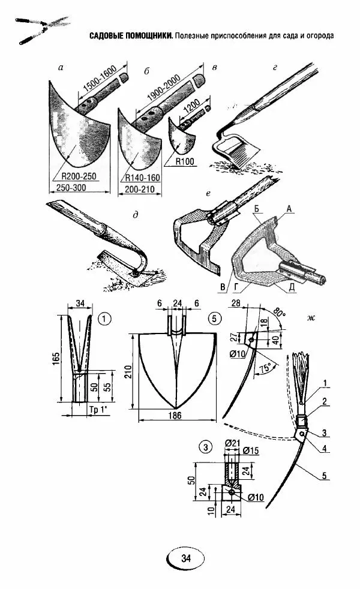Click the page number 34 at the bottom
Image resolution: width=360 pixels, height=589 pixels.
[185, 558]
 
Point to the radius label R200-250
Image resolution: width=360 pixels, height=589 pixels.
[78, 176]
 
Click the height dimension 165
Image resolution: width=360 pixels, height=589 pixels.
[55, 359]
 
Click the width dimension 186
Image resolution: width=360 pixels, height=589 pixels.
[176, 414]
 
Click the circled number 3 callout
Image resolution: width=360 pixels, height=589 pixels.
[206, 447]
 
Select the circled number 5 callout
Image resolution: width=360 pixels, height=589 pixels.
[212, 318]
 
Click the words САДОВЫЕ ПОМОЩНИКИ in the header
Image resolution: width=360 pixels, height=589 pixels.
[130, 35]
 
